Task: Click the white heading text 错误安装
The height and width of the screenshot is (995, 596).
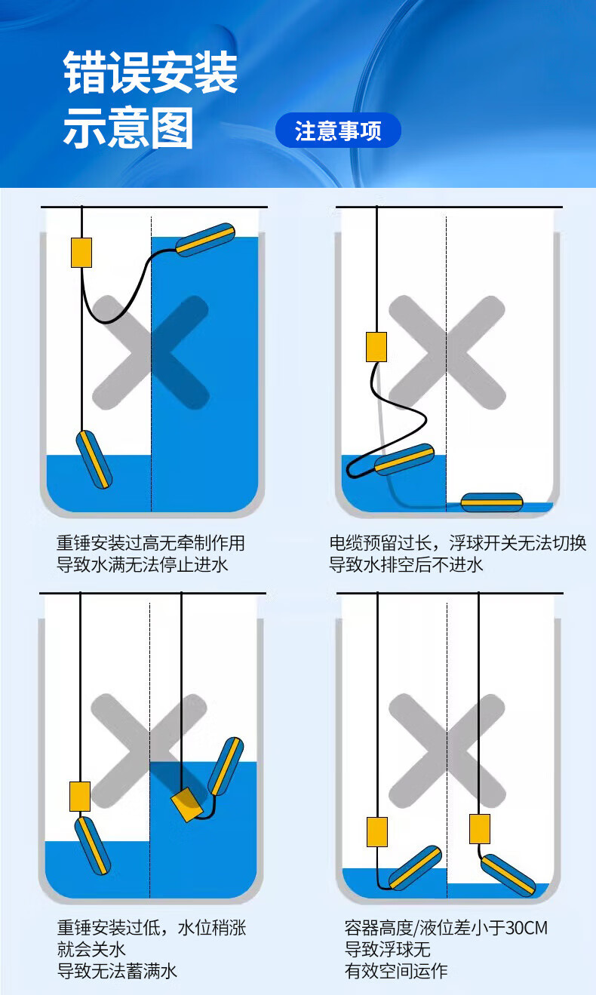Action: pos(150,72)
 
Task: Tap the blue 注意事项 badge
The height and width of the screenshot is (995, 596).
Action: pos(338,131)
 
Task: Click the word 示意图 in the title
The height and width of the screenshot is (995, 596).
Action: pos(128,128)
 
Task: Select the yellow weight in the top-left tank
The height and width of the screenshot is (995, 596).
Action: pos(81,253)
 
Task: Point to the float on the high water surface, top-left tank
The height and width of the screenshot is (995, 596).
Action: pos(205,240)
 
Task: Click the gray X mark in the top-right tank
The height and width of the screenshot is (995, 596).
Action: pos(447,352)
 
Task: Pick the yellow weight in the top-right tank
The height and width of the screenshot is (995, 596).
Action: pos(376,347)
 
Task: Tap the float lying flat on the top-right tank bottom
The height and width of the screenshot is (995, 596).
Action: pos(492,502)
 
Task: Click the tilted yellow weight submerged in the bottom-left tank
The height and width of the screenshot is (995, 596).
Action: pos(187,804)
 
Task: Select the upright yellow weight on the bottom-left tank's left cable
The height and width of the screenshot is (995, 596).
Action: pos(80,797)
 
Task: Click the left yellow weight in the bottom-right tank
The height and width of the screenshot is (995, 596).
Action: pos(377,832)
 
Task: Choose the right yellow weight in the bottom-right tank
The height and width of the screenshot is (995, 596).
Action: pos(480,829)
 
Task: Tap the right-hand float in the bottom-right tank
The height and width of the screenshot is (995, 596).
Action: pos(508,875)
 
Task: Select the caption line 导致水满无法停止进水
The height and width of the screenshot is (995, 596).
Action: pos(142,564)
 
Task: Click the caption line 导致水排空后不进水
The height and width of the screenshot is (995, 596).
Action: pos(406,564)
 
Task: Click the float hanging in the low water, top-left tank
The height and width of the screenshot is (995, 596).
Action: pos(94,459)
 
